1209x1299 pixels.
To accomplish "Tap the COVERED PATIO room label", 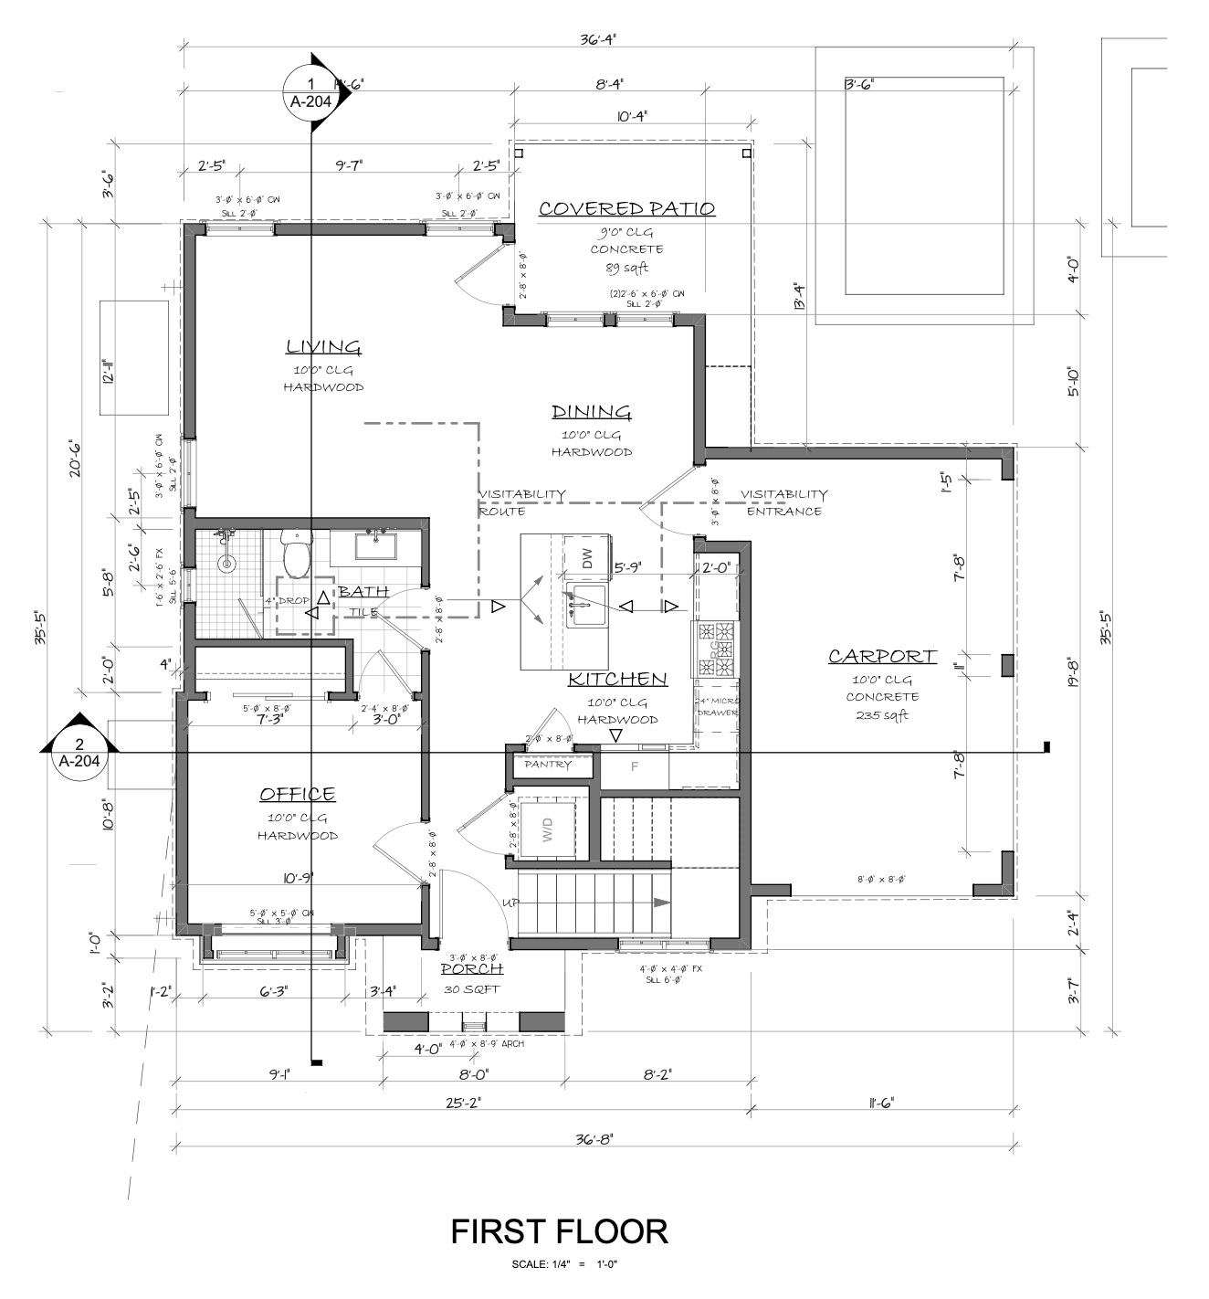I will [x=626, y=209].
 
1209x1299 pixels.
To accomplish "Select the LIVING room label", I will [x=323, y=347].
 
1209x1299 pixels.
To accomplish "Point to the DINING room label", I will [x=591, y=412].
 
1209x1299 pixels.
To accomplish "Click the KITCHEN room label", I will [x=617, y=680].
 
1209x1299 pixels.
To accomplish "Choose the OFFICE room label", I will [x=297, y=795].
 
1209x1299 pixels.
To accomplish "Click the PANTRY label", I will [x=548, y=765].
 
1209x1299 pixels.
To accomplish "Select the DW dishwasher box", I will [x=587, y=558].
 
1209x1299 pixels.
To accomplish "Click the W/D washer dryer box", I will [x=548, y=829].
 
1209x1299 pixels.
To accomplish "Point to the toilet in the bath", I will [x=296, y=553].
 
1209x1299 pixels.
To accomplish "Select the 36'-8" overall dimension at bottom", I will [x=595, y=1139].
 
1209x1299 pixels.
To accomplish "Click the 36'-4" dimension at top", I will [x=598, y=39].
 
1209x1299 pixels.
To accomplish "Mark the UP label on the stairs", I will [x=511, y=903].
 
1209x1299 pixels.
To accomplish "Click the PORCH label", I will [x=471, y=969].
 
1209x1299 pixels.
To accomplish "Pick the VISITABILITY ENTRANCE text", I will [x=783, y=502].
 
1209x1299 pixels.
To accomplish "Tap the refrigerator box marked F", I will [x=634, y=766].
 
